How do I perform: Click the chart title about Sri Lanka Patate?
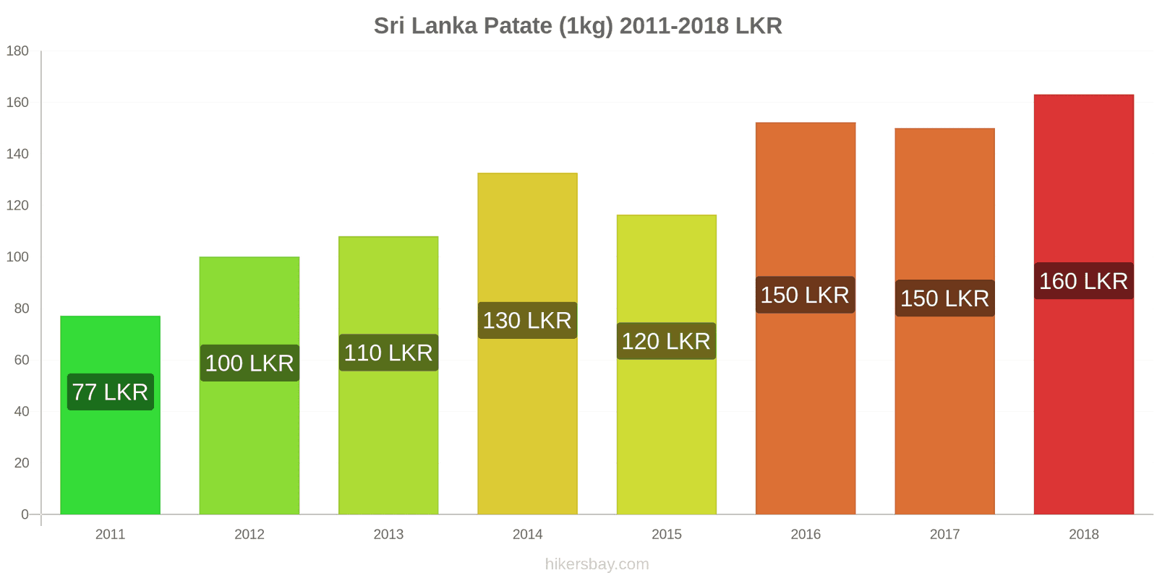[578, 26]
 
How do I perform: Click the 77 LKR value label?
[110, 392]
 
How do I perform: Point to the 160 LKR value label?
[1083, 281]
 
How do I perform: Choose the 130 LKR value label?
[527, 320]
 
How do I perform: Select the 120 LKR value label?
[666, 341]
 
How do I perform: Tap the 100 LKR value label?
[249, 363]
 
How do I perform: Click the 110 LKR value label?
[388, 353]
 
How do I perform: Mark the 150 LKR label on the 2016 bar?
[805, 295]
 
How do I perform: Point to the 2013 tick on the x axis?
[388, 535]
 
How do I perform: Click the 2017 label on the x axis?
[944, 535]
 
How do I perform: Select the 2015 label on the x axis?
[666, 535]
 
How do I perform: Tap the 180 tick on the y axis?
[17, 51]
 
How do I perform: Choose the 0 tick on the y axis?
[25, 514]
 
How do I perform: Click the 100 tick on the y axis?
[17, 257]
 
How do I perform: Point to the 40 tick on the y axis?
[21, 412]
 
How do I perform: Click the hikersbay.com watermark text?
[597, 564]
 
